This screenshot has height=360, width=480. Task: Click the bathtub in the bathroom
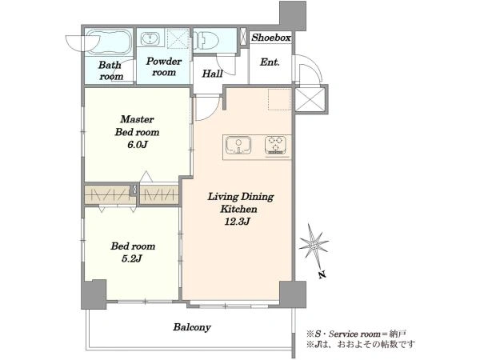click(x=108, y=42)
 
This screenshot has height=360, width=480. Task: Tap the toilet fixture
click(x=206, y=39)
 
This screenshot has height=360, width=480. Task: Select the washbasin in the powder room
click(x=150, y=38)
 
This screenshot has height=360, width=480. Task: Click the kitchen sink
click(x=238, y=145)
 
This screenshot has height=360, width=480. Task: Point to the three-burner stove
click(x=275, y=145)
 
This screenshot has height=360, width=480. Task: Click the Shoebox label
click(x=271, y=38)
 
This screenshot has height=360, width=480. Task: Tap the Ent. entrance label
click(x=270, y=62)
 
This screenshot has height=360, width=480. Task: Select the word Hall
click(x=212, y=74)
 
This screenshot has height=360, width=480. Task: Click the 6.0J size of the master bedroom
click(x=138, y=145)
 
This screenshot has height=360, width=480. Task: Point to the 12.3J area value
click(x=238, y=222)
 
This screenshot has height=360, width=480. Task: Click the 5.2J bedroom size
click(x=132, y=259)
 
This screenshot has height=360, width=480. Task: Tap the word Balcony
click(x=192, y=327)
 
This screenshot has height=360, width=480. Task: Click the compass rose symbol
click(x=314, y=245)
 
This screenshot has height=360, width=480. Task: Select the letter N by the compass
click(x=322, y=274)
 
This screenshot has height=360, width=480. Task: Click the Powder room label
click(x=164, y=66)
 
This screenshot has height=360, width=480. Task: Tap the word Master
click(x=137, y=119)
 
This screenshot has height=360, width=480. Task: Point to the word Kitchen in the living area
click(x=238, y=209)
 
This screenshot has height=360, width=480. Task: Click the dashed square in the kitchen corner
click(x=279, y=99)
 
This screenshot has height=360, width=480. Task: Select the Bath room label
click(x=111, y=70)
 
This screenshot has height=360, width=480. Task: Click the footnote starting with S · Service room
click(x=356, y=334)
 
